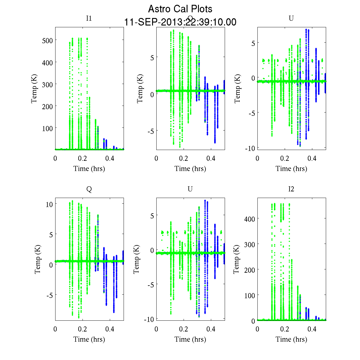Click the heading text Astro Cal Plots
[180, 9]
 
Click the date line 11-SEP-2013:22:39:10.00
[180, 22]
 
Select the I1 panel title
[89, 18]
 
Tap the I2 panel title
[291, 189]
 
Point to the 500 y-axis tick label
[47, 40]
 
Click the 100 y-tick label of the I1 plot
[47, 128]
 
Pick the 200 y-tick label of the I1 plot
[47, 106]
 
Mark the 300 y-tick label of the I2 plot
[250, 244]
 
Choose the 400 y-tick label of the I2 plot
[250, 219]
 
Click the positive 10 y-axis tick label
[49, 204]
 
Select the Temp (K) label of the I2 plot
[236, 259]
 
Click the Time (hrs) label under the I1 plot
[89, 169]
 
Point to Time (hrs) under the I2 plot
[291, 339]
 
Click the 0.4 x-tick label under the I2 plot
[312, 329]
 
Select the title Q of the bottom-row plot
[89, 189]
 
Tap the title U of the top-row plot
[291, 18]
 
